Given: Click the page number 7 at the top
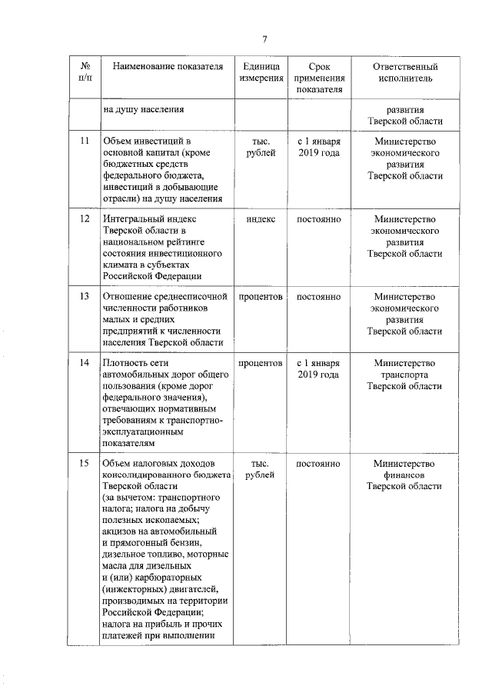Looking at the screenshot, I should [x=264, y=40].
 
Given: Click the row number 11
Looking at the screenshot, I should [x=85, y=142].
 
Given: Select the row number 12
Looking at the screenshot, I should [x=85, y=219].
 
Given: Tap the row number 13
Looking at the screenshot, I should [x=85, y=296].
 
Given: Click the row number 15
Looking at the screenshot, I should [x=85, y=463].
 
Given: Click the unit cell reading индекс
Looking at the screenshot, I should [x=261, y=219].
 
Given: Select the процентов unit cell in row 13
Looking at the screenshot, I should [x=261, y=296].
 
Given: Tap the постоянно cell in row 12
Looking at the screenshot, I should [x=318, y=219].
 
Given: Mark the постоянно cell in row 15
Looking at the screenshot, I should [x=318, y=463].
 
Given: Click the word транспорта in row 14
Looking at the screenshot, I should [x=404, y=375].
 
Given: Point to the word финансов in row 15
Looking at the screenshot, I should [x=404, y=475].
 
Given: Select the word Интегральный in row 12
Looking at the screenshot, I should [x=133, y=219].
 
